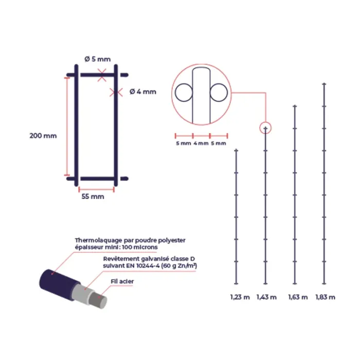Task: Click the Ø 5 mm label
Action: [x=98, y=59]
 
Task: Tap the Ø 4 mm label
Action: [x=143, y=92]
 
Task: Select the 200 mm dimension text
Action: [x=43, y=136]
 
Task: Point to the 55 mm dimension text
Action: [x=93, y=196]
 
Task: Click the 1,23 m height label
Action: [x=240, y=297]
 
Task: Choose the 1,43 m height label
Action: [x=266, y=297]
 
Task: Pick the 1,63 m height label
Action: [x=298, y=297]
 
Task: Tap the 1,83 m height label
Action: [x=326, y=297]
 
